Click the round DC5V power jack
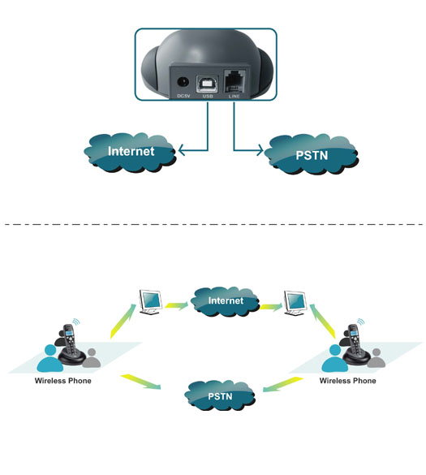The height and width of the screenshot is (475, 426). point(183,82)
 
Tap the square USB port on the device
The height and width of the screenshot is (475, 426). point(208,84)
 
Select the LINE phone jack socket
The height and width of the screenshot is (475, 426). point(234,81)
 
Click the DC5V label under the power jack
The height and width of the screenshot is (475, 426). point(183,96)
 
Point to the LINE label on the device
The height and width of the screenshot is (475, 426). point(234,96)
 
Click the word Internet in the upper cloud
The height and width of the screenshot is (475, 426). point(131,151)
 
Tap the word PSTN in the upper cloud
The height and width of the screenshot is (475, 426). point(312,155)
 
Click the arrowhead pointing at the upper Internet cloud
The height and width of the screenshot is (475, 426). point(182,150)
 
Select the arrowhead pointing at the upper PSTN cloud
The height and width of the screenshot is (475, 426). point(260,150)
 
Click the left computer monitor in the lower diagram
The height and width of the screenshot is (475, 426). point(150,302)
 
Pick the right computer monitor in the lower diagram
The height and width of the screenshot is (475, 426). point(295,303)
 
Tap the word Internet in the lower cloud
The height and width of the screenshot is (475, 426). point(226,300)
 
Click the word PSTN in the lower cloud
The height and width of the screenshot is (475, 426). point(220,396)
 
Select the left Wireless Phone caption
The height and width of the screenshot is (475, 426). point(63,381)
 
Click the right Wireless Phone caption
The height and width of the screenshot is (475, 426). point(348,381)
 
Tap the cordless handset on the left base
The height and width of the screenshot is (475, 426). point(70,341)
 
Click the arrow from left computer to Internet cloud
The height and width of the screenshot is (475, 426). point(177,305)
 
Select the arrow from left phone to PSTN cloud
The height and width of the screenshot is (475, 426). point(141,382)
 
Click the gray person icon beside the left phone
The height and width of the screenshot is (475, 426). point(91,358)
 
